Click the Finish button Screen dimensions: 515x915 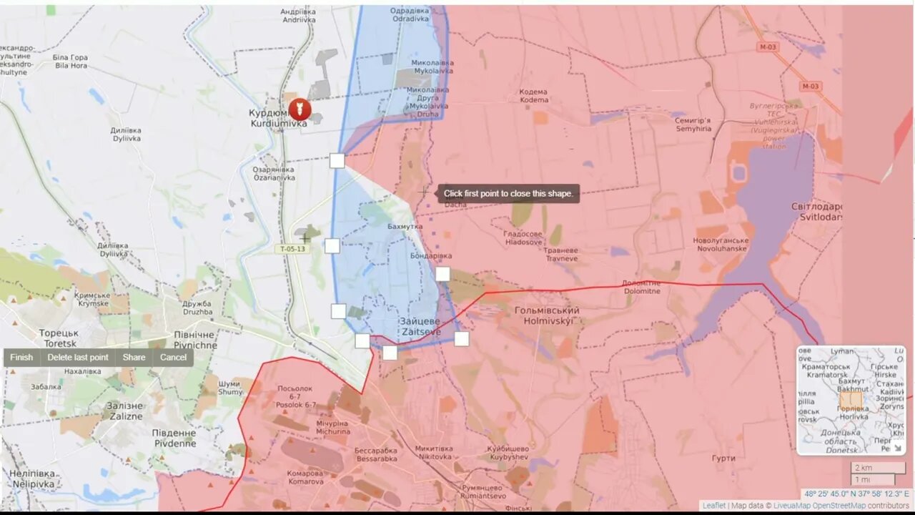(21, 358)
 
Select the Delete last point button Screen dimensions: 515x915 (78, 358)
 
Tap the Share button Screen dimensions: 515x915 (134, 358)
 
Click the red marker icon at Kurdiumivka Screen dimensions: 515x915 (300, 110)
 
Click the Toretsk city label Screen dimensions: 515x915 (59, 338)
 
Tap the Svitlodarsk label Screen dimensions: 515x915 (817, 212)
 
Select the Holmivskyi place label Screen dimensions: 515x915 (547, 316)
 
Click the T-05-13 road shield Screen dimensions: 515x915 (292, 249)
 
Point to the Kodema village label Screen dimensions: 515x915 (533, 96)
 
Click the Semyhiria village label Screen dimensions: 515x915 (693, 124)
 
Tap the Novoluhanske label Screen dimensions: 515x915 (720, 244)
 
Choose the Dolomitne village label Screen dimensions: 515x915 (641, 287)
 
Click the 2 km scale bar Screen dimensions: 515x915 (878, 468)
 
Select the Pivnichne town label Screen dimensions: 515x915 (195, 340)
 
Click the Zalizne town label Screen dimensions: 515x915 (124, 411)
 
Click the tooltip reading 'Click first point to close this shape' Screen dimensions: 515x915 (508, 193)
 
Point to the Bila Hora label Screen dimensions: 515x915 (70, 62)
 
